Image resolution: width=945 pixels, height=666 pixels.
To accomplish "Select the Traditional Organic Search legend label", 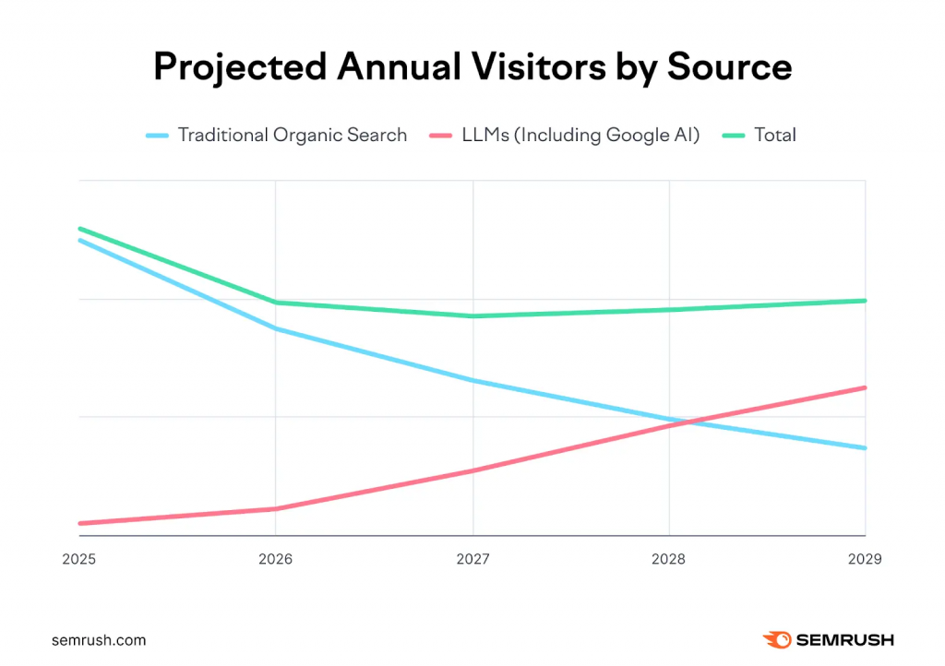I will point(292,135).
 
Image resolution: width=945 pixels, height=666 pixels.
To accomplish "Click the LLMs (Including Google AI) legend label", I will point(580,135).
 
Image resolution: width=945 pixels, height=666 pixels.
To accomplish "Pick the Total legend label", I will point(774,135).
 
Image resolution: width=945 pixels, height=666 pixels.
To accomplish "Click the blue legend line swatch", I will point(158,136).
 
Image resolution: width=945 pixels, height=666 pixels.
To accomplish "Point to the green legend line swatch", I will point(734,136).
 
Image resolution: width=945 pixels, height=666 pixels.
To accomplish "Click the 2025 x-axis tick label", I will point(78,559).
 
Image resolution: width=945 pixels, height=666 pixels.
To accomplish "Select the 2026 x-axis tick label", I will point(275,559).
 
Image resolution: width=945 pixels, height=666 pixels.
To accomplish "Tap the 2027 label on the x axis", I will point(472,559).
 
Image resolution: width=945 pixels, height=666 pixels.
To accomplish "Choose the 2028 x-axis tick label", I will point(669,559).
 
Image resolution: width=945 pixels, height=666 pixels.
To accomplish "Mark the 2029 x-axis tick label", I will point(865,559).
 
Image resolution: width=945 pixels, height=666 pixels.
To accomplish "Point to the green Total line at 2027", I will point(472,316).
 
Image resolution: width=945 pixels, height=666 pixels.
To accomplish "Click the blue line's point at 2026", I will point(275,328).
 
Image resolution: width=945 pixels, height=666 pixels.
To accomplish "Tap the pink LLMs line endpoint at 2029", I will point(865,387).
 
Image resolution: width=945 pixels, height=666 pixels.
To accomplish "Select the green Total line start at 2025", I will point(80,229).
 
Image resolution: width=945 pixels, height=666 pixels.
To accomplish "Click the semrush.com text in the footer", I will point(99,639).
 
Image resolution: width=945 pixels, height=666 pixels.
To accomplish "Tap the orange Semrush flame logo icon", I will point(775,639).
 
